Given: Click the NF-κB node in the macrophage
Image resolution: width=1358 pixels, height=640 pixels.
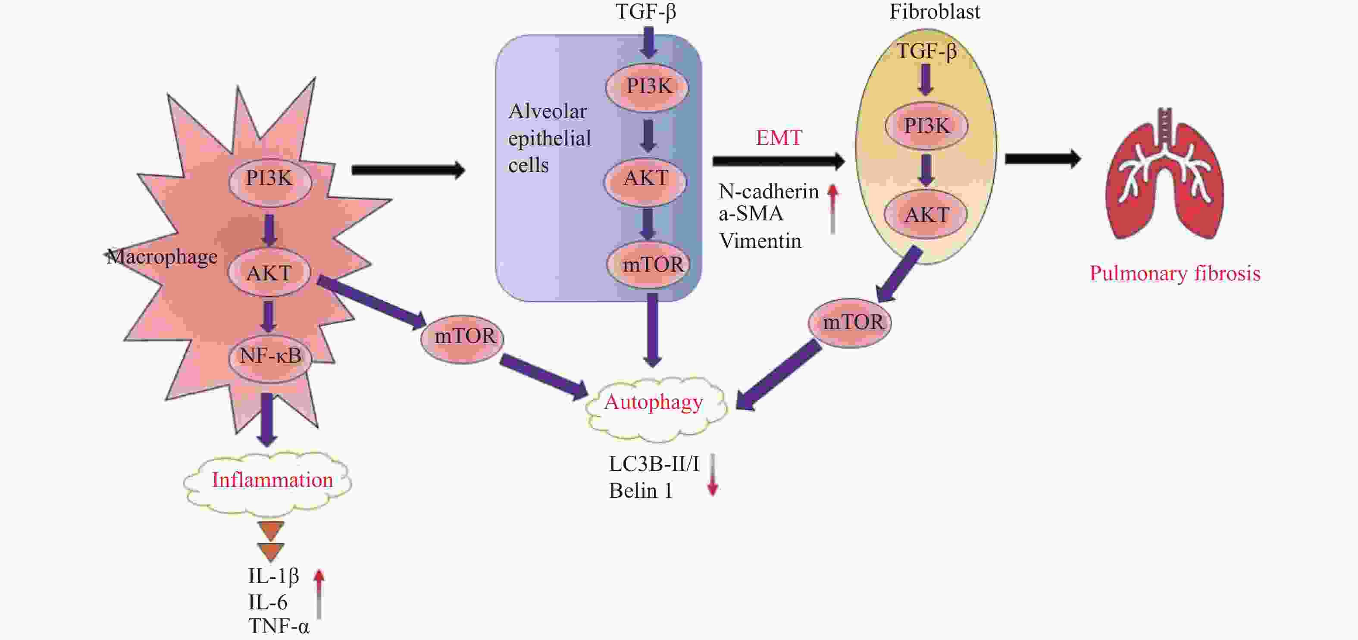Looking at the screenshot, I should pos(270,356).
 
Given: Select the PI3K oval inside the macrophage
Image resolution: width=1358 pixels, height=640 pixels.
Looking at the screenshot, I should pos(269,179).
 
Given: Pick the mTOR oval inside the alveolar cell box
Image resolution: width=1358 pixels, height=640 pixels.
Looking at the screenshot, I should pos(653,264).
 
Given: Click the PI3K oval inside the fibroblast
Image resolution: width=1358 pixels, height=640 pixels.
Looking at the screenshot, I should pos(926,126).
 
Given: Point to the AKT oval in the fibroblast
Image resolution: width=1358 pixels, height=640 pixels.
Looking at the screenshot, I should pos(926,215).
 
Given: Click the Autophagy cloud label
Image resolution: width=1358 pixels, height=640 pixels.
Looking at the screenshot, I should pos(654,403).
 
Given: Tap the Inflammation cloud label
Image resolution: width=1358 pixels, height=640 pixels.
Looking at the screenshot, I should pos(272,480).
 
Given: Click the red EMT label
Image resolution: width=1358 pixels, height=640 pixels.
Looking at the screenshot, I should pos(779,138).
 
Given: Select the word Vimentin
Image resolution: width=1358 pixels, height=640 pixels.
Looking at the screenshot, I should pos(760,242).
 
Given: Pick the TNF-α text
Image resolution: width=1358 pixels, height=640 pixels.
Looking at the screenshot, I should pos(279,626).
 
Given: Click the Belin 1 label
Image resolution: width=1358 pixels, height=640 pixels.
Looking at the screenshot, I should pos(641,491).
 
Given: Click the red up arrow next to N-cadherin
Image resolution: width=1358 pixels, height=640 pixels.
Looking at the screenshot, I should pos(832,208).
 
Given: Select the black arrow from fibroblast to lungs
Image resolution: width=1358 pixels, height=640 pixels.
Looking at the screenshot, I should pos(1042,159).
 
